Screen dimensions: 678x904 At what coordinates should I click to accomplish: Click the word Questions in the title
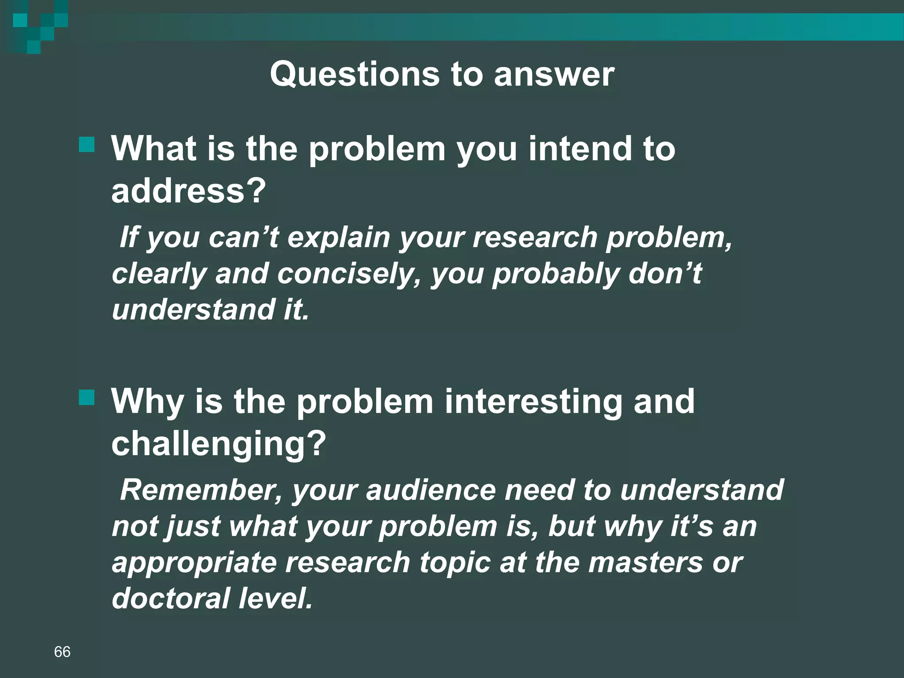point(354,74)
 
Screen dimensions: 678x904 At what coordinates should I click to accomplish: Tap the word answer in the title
point(554,74)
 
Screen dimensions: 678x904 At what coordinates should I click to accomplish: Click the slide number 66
point(62,652)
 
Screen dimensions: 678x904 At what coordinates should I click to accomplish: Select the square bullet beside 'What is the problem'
point(87,144)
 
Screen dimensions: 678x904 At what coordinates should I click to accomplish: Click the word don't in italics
point(664,274)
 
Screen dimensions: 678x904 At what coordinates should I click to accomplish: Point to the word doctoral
point(170,599)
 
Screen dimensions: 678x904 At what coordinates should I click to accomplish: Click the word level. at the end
point(275,599)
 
